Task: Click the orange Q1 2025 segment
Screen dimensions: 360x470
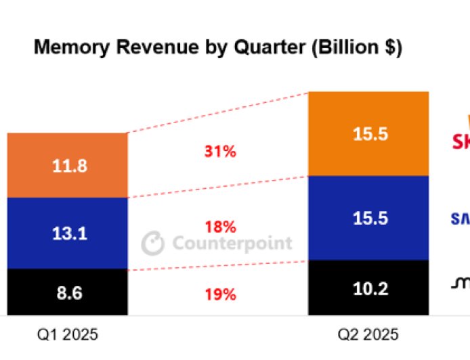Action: click(68, 165)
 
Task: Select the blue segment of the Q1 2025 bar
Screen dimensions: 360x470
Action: click(68, 233)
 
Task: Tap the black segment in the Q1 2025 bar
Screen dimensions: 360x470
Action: click(68, 292)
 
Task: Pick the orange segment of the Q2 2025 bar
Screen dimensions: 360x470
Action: click(368, 134)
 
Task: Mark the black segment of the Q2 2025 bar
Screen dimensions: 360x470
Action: click(368, 288)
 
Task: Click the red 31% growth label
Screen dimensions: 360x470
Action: click(220, 152)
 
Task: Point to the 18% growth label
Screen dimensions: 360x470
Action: click(220, 226)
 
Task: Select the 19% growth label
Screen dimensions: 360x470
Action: click(220, 294)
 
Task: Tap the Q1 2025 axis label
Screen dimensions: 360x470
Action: click(68, 334)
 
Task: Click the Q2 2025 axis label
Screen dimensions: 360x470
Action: click(369, 334)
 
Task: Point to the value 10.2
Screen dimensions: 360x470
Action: click(370, 290)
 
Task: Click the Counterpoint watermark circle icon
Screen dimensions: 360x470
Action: click(153, 243)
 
